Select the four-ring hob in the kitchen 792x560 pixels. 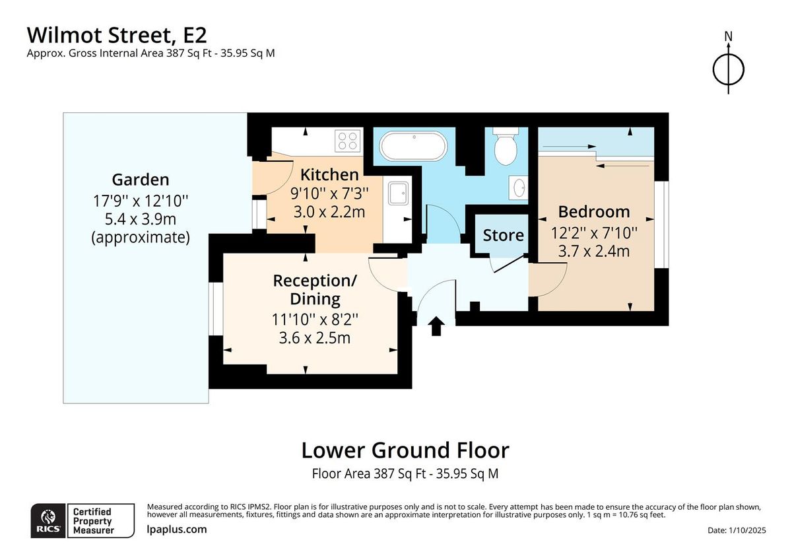(x=348, y=141)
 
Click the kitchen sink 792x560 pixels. (x=399, y=193)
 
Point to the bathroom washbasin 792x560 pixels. (x=518, y=186)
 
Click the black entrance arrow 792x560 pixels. (x=436, y=326)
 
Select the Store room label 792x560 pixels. (x=503, y=235)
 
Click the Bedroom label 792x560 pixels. (x=594, y=212)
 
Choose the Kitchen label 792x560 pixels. (x=329, y=175)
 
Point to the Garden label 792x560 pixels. (x=140, y=179)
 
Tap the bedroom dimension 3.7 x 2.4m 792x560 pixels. (x=594, y=251)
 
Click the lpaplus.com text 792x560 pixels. (x=176, y=529)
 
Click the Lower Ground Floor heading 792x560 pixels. (x=405, y=450)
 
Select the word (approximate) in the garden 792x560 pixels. (x=140, y=237)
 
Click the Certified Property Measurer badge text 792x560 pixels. (x=92, y=521)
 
